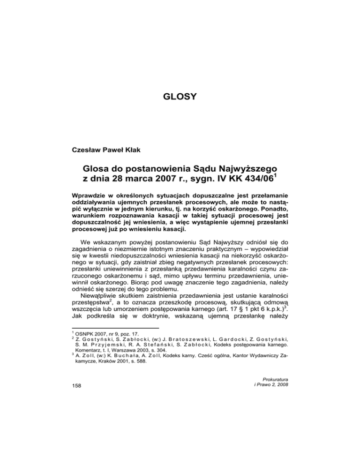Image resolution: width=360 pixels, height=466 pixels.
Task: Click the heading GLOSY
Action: [180, 98]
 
